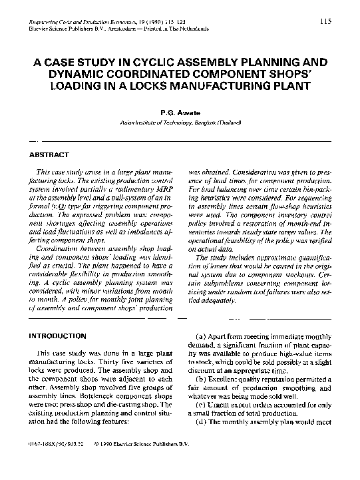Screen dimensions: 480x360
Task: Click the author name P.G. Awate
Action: [x=180, y=113]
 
